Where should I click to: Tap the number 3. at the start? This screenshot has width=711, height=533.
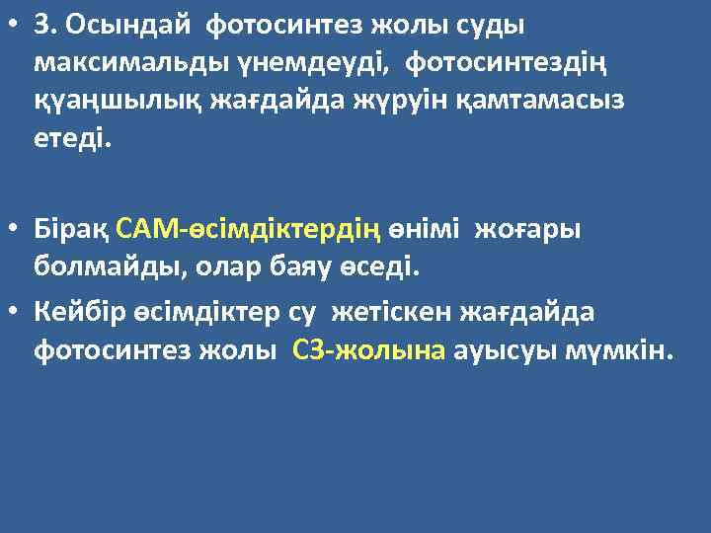[x=45, y=25]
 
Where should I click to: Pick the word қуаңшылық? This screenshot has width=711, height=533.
[x=108, y=100]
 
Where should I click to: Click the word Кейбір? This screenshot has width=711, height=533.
[x=74, y=313]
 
